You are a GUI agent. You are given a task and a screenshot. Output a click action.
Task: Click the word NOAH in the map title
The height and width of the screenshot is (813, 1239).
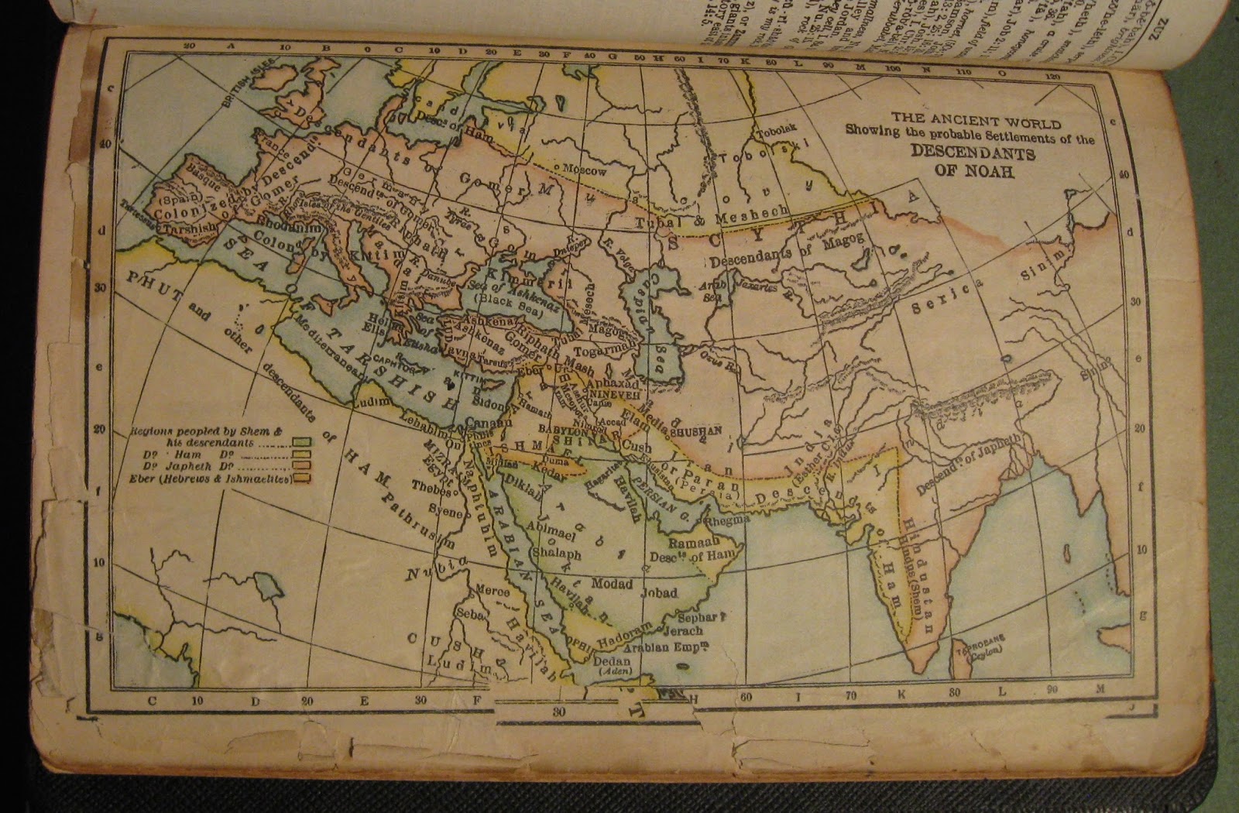coord(993,172)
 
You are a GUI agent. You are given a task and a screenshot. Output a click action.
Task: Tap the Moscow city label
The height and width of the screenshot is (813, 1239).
coord(582,170)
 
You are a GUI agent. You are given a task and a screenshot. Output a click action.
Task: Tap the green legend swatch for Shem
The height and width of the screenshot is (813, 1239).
coord(301,442)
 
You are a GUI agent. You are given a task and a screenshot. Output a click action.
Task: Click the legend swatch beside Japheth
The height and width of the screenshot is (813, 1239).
coord(301,467)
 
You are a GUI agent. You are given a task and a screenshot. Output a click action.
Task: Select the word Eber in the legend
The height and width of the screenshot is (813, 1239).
coord(146,480)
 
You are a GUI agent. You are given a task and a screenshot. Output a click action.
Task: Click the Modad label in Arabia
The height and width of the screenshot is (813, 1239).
coord(612,582)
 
